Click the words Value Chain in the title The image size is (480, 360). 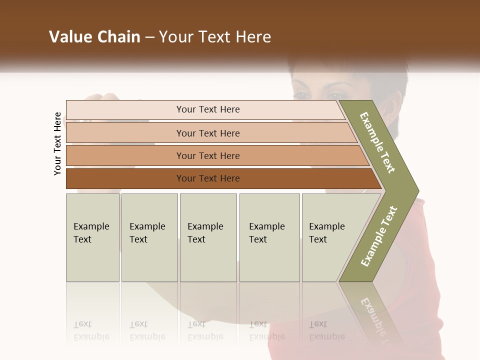click(x=94, y=37)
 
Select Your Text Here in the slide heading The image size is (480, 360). click(x=215, y=37)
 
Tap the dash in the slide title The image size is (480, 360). click(x=149, y=37)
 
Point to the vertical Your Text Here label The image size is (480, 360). click(x=57, y=143)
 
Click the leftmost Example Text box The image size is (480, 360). click(x=92, y=237)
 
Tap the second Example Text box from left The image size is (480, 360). click(x=149, y=237)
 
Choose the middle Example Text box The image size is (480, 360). click(x=208, y=237)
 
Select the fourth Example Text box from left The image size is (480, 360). click(x=269, y=237)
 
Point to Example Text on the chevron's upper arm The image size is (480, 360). click(x=377, y=142)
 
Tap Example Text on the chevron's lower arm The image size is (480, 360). click(x=379, y=236)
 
